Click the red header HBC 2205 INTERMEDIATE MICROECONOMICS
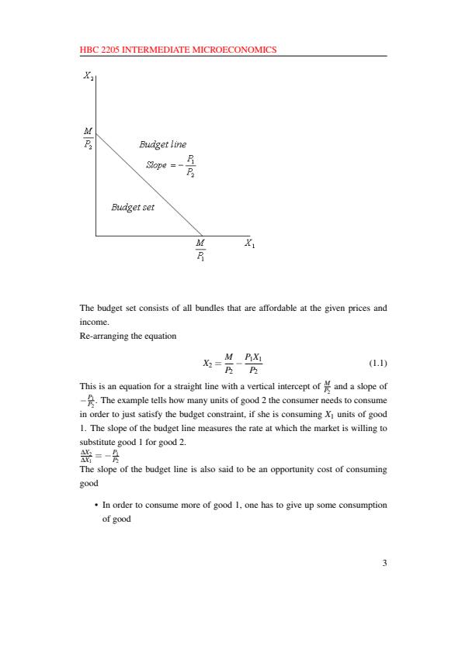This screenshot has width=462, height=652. pos(178,50)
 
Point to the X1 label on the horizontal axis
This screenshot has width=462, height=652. pos(249,243)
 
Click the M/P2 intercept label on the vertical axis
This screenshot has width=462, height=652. pos(88,138)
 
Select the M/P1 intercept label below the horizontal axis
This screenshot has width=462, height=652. pos(200,250)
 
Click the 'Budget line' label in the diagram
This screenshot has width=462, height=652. pos(162,144)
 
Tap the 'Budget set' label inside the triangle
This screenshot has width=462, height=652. pos(133,207)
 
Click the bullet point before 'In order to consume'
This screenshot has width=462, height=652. pos(96,505)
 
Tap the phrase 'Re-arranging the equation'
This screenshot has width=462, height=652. pos(128,336)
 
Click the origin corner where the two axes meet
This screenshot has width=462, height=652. pos(96,235)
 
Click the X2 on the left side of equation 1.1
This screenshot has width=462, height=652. pos(207,363)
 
